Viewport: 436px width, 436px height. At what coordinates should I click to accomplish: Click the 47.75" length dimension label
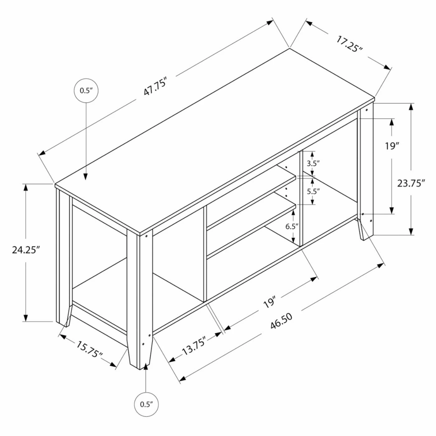(156, 88)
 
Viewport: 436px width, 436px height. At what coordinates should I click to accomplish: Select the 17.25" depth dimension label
(349, 44)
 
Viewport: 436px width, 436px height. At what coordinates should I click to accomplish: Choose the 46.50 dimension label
(281, 321)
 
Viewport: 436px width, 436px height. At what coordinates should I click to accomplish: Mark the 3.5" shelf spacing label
(313, 163)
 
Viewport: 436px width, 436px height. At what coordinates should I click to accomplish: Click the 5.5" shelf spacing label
(313, 191)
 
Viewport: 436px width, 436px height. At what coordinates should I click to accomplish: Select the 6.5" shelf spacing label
(292, 226)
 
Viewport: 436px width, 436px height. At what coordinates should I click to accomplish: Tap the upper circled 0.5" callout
(86, 91)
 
